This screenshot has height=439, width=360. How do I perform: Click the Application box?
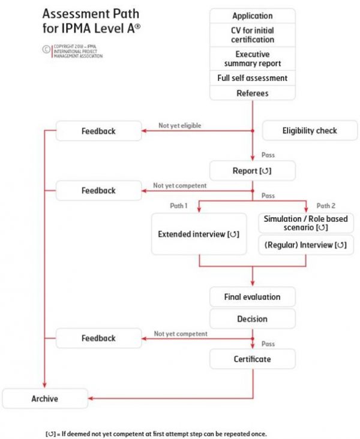[253, 16]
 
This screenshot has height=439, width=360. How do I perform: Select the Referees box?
[253, 93]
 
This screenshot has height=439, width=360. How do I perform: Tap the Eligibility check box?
[310, 131]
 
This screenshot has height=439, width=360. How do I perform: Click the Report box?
[253, 170]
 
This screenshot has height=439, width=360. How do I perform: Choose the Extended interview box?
[199, 234]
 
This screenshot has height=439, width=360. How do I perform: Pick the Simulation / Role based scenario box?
[306, 223]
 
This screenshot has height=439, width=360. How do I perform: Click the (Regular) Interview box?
[306, 245]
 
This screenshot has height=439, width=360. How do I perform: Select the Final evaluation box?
[253, 297]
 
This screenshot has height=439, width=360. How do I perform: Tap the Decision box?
[253, 319]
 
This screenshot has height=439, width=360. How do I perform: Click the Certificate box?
[253, 359]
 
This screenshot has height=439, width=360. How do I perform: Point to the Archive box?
[45, 398]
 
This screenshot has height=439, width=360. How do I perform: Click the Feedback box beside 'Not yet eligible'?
[98, 131]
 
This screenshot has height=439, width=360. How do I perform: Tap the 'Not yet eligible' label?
[180, 125]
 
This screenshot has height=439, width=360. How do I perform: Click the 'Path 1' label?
[178, 206]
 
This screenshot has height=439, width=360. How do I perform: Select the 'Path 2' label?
[326, 206]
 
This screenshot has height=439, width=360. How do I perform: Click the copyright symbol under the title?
[46, 49]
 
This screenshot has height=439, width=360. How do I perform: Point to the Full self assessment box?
[253, 78]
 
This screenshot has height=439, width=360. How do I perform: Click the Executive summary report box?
[253, 59]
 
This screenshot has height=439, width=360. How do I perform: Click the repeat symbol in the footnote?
[51, 434]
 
